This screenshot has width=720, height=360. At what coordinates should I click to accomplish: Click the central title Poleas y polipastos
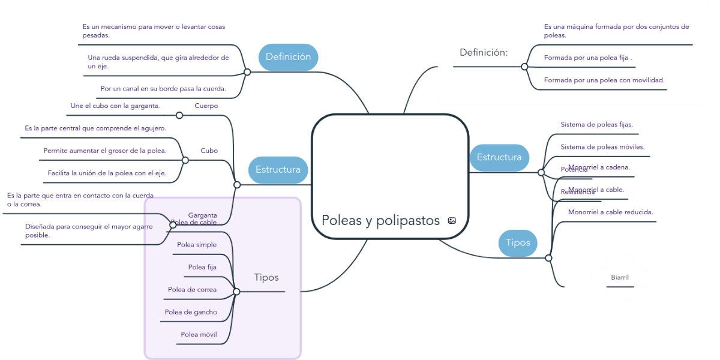tap(380, 220)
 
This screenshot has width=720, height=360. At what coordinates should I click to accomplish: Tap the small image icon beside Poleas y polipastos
tap(452, 221)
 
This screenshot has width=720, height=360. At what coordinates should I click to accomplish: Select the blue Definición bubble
tap(288, 57)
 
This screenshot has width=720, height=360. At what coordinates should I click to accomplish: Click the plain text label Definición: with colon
tap(484, 52)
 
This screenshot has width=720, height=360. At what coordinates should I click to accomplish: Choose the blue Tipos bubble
tap(518, 243)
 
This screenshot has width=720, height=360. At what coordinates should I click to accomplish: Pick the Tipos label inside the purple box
tap(266, 277)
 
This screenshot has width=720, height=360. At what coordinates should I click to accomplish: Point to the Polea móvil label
tap(199, 334)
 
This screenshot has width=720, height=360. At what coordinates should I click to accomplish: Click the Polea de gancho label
tap(191, 312)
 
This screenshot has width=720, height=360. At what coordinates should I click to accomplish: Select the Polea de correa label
tap(192, 290)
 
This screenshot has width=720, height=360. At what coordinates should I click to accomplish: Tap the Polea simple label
tap(197, 245)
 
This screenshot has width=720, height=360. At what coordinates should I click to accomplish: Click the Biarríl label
tap(620, 277)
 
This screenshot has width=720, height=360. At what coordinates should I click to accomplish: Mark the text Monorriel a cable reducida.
tap(610, 212)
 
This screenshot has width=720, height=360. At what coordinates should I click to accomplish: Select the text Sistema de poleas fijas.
tap(596, 125)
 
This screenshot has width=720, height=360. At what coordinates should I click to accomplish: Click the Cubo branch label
tap(209, 151)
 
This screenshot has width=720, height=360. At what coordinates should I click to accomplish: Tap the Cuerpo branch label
tap(206, 106)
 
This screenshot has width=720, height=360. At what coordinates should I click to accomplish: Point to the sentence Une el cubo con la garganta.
tap(115, 106)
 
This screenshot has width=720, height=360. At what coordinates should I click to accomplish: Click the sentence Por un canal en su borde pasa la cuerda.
tap(163, 89)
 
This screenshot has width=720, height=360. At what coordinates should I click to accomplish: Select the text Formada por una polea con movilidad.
tap(604, 80)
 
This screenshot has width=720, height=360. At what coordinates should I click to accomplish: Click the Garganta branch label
tap(203, 215)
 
